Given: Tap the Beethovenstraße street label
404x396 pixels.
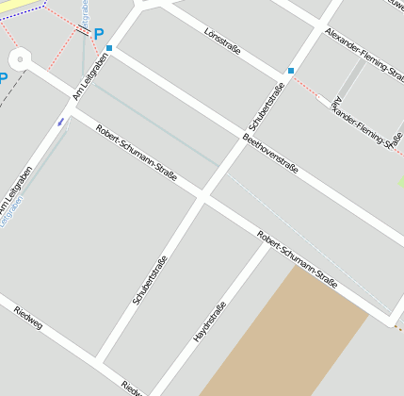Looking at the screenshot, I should (270, 154).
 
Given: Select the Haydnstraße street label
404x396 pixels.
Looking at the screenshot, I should (209, 322).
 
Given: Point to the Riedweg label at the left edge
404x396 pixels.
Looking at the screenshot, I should (27, 318).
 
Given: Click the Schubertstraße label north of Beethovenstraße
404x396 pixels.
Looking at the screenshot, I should (267, 106).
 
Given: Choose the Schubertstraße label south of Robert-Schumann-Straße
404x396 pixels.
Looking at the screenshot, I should (151, 280).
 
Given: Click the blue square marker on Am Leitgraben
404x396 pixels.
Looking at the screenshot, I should (109, 47).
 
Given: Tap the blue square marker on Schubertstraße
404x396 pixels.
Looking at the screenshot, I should (291, 71).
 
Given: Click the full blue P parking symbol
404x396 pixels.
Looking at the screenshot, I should (98, 34).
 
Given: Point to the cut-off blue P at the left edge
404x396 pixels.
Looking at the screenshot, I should (3, 77).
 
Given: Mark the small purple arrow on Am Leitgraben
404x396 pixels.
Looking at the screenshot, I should (61, 121).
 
